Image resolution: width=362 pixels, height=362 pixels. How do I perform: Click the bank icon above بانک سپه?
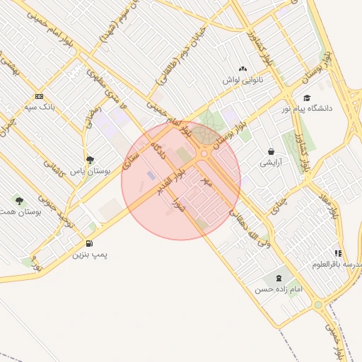pos(39,96)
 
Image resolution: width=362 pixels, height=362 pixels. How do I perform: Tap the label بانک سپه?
pos(39,107)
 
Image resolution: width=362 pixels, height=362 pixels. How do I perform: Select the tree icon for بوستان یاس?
pos(89,160)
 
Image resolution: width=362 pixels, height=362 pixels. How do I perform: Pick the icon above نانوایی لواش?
pos(243,69)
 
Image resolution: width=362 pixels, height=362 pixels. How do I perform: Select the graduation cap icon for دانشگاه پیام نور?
pos(306,98)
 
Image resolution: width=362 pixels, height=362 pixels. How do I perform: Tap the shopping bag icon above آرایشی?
pos(271,152)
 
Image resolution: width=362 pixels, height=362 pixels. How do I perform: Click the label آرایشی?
pos(271,163)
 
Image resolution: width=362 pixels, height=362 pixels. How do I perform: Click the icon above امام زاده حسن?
pos(276,278)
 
